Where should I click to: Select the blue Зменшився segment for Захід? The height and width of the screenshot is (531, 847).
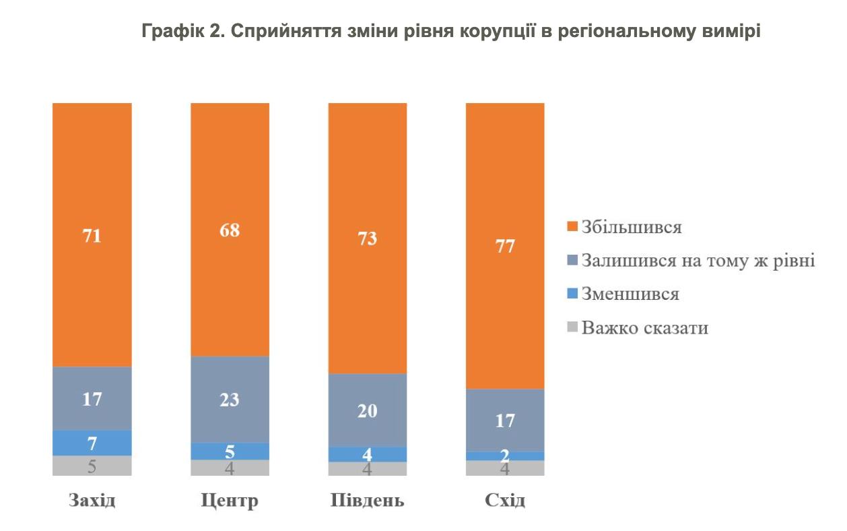pos(92,443)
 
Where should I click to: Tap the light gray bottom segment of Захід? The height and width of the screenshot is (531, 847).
pos(92,466)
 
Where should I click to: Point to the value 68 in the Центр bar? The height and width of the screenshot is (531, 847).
pos(230,230)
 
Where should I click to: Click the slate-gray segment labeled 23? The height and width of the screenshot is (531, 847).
pos(230,399)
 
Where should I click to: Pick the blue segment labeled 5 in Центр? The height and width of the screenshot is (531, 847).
pos(230,451)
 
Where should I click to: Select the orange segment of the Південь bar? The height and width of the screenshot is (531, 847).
pos(367,238)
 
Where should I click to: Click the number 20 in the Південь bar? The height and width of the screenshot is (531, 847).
pos(367,410)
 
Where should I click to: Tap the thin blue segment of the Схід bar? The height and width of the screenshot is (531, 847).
pos(505,456)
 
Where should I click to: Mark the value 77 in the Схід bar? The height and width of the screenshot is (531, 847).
pos(505,246)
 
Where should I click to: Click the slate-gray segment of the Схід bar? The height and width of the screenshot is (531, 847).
pos(505,420)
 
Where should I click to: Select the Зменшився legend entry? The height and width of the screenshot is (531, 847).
pos(630,294)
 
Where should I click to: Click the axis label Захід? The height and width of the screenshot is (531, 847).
pos(92,502)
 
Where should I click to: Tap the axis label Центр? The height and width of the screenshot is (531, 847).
pos(230,502)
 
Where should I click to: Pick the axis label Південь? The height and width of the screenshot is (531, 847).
pos(367,502)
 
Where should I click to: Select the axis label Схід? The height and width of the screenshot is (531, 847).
pos(505,502)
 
